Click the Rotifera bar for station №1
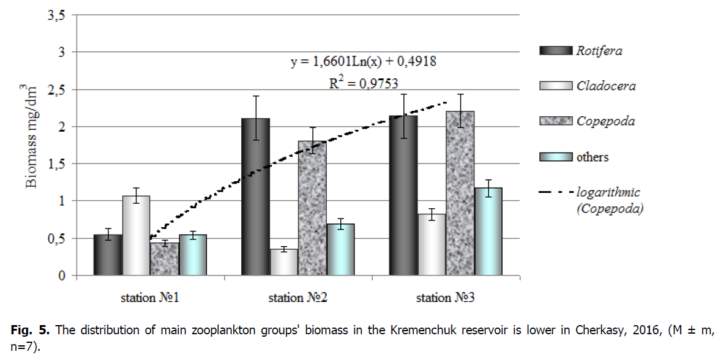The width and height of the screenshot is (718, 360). pos(108,255)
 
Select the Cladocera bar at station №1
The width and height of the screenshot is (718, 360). pos(136,236)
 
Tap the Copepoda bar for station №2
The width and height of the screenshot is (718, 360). pos(312,208)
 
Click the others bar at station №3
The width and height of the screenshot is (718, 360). pos(488,232)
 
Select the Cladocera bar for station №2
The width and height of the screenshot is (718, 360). pos(284,263)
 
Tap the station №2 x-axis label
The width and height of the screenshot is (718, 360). pos(297,299)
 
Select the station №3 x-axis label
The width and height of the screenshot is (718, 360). pos(446,299)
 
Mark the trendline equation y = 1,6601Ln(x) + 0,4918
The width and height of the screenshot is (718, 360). pos(362,62)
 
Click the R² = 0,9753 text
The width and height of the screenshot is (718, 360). pos(362,83)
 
